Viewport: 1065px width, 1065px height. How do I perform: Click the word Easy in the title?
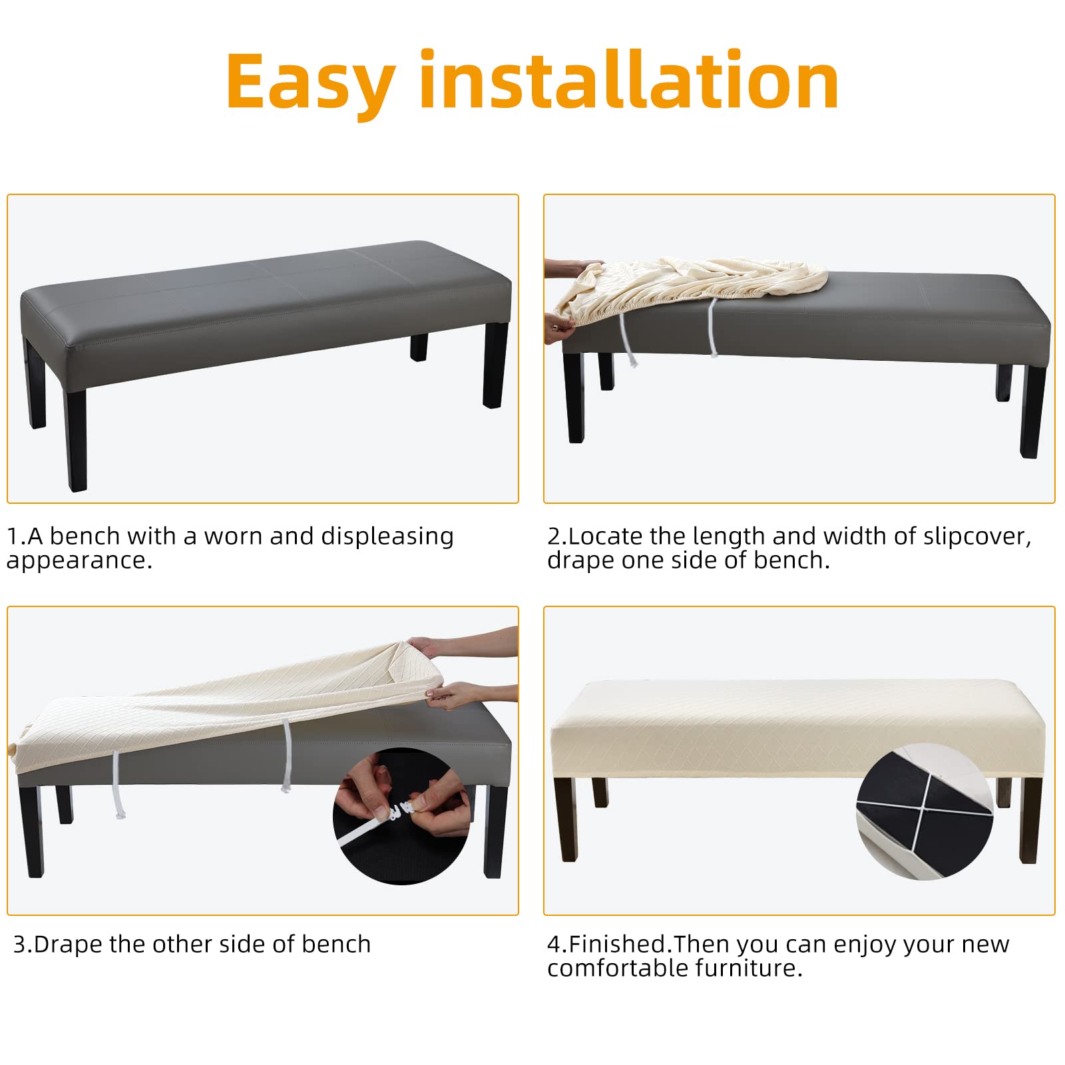pos(312,84)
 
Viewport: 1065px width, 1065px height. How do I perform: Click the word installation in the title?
pos(629,79)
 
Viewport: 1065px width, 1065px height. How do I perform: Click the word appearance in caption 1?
pos(79,561)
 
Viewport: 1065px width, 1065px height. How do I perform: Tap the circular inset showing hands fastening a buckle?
pos(402,816)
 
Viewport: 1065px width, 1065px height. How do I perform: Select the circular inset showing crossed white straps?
pos(925,811)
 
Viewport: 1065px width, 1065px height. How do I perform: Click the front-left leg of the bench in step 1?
pos(76,440)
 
